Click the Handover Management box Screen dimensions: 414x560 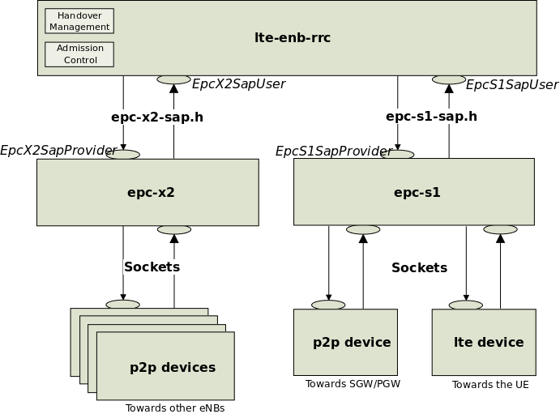point(79,21)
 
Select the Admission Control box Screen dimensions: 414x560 point(79,53)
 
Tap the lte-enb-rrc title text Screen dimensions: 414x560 point(293,37)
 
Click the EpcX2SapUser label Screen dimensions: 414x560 point(238,83)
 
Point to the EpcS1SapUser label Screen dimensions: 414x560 point(512,84)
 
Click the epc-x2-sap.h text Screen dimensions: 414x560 point(157,117)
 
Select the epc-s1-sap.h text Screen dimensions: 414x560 point(431,117)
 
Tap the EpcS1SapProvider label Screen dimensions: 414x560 point(333,151)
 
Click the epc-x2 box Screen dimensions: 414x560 point(147,192)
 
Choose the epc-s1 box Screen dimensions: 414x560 point(413,192)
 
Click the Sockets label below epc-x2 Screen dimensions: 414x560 point(152,267)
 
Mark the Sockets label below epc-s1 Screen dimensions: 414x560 point(419,267)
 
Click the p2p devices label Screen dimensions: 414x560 point(173,367)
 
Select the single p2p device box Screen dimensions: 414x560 point(345,342)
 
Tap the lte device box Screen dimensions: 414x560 point(484,342)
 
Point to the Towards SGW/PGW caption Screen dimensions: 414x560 point(353,383)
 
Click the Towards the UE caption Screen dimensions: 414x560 point(490,385)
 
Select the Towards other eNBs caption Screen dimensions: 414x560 point(175,408)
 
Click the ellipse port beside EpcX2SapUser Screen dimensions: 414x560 point(174,79)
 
